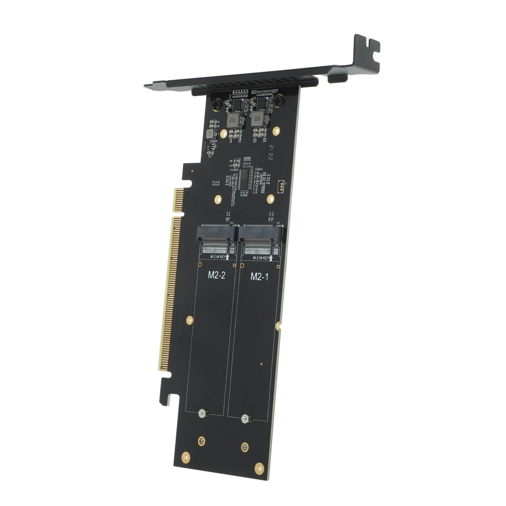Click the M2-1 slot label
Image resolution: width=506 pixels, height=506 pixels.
(259, 276)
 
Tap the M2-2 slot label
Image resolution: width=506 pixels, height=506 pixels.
(217, 275)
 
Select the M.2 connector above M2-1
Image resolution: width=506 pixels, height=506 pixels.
(259, 234)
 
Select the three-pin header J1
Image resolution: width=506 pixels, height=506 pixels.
(281, 186)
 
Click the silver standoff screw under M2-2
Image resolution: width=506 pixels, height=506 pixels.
(203, 413)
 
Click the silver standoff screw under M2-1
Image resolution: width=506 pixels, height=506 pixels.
(246, 419)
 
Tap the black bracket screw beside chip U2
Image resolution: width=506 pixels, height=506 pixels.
(278, 101)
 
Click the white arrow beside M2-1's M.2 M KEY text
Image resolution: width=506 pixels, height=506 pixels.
(271, 258)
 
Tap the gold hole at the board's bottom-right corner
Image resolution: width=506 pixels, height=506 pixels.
(259, 468)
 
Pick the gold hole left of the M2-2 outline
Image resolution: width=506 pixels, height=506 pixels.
(189, 320)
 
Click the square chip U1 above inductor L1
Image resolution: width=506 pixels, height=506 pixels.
(237, 105)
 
